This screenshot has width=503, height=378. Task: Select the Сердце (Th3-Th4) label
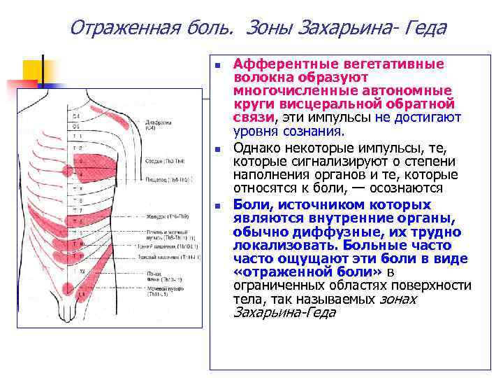coord(160,160)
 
